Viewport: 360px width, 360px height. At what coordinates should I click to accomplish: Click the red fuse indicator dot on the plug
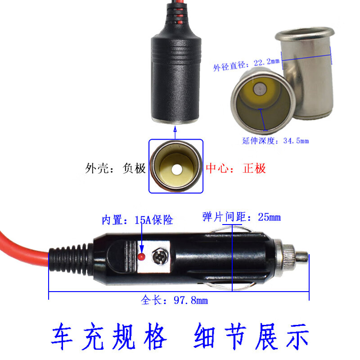(x=141, y=256)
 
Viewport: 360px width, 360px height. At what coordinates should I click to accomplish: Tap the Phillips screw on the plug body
(x=160, y=256)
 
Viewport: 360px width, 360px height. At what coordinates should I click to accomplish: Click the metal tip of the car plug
(x=301, y=256)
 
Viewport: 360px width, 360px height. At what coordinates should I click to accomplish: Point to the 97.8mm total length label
(x=175, y=300)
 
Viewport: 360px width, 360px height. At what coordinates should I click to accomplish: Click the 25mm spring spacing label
(x=241, y=217)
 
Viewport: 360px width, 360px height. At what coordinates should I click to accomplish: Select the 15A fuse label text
(x=137, y=220)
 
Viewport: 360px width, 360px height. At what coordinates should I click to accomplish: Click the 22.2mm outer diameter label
(x=246, y=64)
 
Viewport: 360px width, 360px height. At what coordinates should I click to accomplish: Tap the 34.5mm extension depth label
(x=275, y=140)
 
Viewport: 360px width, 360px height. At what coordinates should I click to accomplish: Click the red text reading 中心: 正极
(x=236, y=168)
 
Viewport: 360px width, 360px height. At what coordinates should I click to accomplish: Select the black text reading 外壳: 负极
(x=115, y=168)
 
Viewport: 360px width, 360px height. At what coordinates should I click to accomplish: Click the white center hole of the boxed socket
(x=176, y=169)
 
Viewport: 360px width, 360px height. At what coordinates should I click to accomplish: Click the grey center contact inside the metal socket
(x=260, y=89)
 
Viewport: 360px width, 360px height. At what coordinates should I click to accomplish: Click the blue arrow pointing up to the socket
(x=175, y=132)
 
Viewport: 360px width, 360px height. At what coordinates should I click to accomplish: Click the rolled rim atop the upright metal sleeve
(x=305, y=33)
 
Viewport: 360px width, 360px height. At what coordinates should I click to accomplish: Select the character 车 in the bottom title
(x=62, y=336)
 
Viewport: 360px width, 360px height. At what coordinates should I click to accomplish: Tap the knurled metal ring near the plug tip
(x=285, y=257)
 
